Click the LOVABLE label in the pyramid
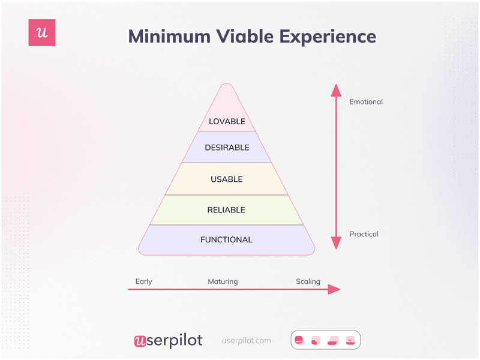(x=227, y=121)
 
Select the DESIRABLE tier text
(x=227, y=148)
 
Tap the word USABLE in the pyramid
(x=227, y=179)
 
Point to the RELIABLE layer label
(x=227, y=210)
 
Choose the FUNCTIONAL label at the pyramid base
(x=227, y=240)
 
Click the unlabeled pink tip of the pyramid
(x=227, y=99)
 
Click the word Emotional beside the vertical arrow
(x=366, y=102)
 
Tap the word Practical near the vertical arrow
(x=364, y=234)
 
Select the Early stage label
(x=144, y=281)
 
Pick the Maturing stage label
(x=223, y=281)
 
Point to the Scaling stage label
(x=308, y=281)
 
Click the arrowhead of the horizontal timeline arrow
(x=334, y=290)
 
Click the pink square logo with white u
(x=42, y=33)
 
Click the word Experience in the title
(x=325, y=36)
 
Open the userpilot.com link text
(x=247, y=341)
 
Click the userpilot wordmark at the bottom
(x=168, y=341)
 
